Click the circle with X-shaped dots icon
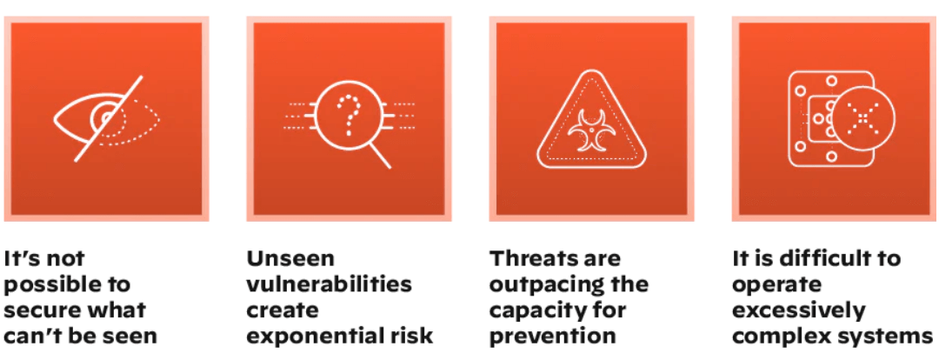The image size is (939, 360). click(862, 117)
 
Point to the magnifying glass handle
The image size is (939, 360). click(380, 157)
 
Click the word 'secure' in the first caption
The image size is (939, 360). click(32, 310)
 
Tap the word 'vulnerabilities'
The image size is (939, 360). click(329, 284)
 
